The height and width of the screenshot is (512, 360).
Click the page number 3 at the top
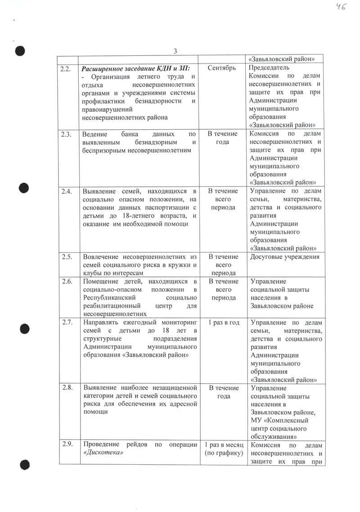pyautogui.click(x=176, y=50)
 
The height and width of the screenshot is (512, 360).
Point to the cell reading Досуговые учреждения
pyautogui.click(x=284, y=257)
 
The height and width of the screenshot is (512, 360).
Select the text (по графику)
pyautogui.click(x=223, y=453)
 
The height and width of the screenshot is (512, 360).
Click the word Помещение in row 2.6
pyautogui.click(x=101, y=282)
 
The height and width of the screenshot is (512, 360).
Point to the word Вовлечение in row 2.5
pyautogui.click(x=103, y=257)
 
